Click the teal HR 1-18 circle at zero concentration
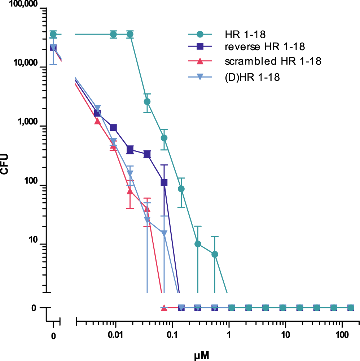[x=53, y=34]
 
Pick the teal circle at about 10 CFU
[x=198, y=244]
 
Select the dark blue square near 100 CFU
[x=164, y=182]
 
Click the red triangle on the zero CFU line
[x=164, y=308]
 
